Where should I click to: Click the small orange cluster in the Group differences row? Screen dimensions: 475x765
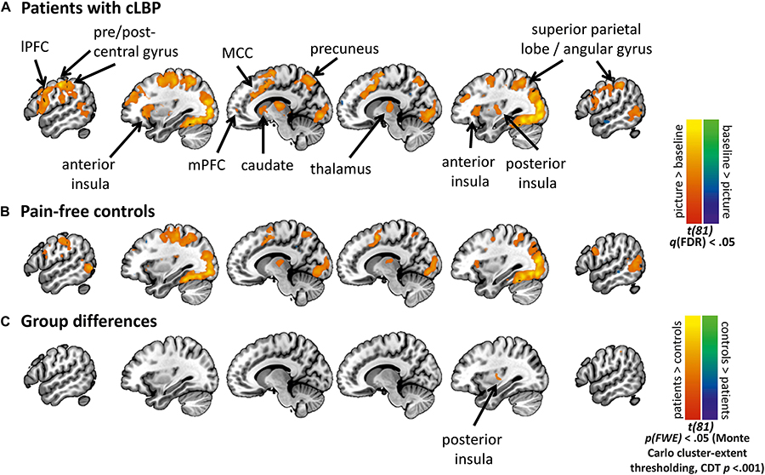point(497,373)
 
